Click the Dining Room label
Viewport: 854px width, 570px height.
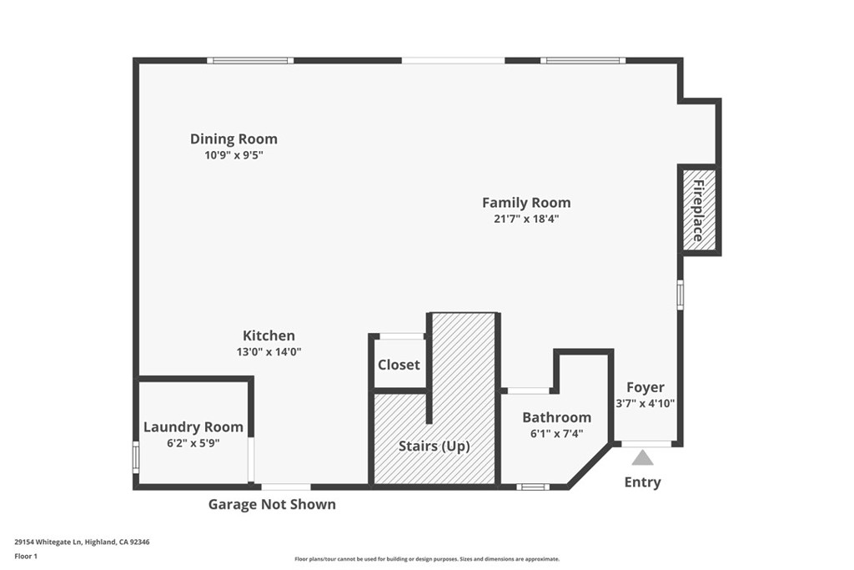pyautogui.click(x=234, y=139)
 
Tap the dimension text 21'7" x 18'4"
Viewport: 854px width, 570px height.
pyautogui.click(x=526, y=219)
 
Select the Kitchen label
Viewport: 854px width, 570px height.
pyautogui.click(x=269, y=335)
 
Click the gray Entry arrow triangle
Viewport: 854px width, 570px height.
pyautogui.click(x=643, y=457)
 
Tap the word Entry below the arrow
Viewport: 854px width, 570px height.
pyautogui.click(x=643, y=482)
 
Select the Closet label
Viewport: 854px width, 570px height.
pyautogui.click(x=399, y=365)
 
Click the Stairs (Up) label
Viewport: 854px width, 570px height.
pyautogui.click(x=434, y=446)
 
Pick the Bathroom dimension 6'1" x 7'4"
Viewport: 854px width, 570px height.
pyautogui.click(x=556, y=434)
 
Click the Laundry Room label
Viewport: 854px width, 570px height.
pyautogui.click(x=193, y=427)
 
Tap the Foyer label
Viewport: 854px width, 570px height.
pyautogui.click(x=646, y=387)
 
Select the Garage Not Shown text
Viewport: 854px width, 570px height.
pyautogui.click(x=272, y=505)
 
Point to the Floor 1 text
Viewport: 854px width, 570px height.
pyautogui.click(x=26, y=557)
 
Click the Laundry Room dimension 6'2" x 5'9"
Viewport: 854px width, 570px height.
pyautogui.click(x=193, y=443)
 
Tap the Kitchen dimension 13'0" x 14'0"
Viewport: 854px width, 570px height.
pyautogui.click(x=269, y=352)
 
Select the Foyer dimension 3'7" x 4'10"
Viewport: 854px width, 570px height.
pyautogui.click(x=646, y=404)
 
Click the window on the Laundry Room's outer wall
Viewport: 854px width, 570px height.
pyautogui.click(x=136, y=457)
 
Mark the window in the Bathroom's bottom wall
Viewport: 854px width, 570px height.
pyautogui.click(x=533, y=487)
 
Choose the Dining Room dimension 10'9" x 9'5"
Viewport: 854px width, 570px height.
pyautogui.click(x=234, y=155)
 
